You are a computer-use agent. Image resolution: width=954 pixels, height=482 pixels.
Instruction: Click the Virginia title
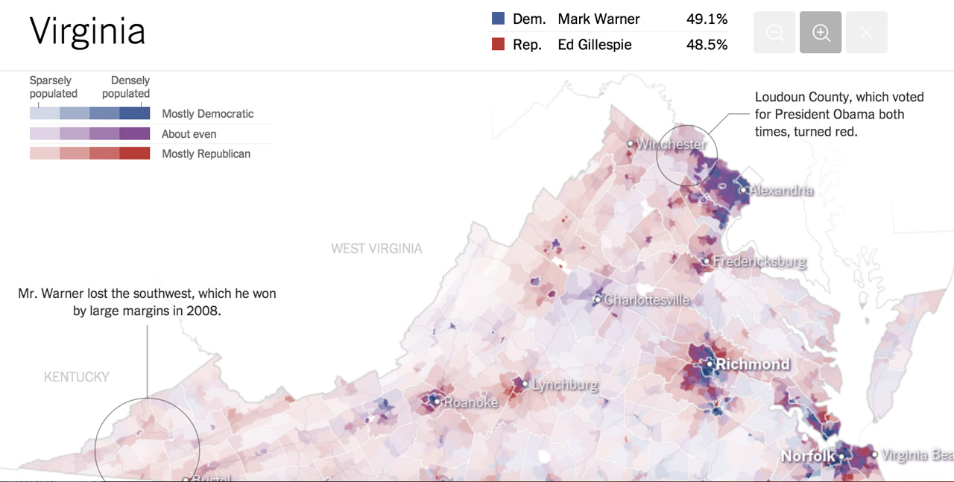[87, 31]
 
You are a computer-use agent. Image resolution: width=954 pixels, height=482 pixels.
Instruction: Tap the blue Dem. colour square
[499, 19]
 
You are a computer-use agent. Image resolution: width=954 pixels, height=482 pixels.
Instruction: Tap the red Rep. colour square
[499, 45]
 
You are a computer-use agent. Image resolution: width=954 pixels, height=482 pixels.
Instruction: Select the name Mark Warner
[598, 19]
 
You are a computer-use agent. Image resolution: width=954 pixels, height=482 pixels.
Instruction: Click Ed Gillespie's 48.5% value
[707, 45]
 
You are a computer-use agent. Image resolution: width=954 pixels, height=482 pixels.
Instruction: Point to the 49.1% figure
[707, 19]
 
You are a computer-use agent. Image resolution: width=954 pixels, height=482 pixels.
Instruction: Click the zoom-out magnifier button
[774, 33]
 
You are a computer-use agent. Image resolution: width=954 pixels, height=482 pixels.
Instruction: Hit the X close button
[866, 33]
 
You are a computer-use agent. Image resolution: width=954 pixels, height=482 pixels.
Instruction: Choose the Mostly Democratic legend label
[207, 114]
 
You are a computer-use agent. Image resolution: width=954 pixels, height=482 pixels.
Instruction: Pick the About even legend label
[189, 134]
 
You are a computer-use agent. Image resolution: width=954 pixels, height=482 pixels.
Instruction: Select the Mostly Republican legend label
[206, 153]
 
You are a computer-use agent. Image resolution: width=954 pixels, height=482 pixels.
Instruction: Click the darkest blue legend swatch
[134, 113]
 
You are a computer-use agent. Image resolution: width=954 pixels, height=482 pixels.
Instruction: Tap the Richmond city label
[752, 364]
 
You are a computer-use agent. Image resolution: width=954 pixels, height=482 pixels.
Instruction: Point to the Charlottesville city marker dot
[597, 299]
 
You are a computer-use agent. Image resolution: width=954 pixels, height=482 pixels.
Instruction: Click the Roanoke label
[470, 402]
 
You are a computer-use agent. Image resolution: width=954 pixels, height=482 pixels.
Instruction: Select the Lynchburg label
[565, 385]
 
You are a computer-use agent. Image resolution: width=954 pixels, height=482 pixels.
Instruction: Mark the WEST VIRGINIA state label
[376, 248]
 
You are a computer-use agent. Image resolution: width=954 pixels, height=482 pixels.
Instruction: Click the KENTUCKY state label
[77, 377]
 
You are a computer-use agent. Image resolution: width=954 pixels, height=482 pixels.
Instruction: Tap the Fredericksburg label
[759, 261]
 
